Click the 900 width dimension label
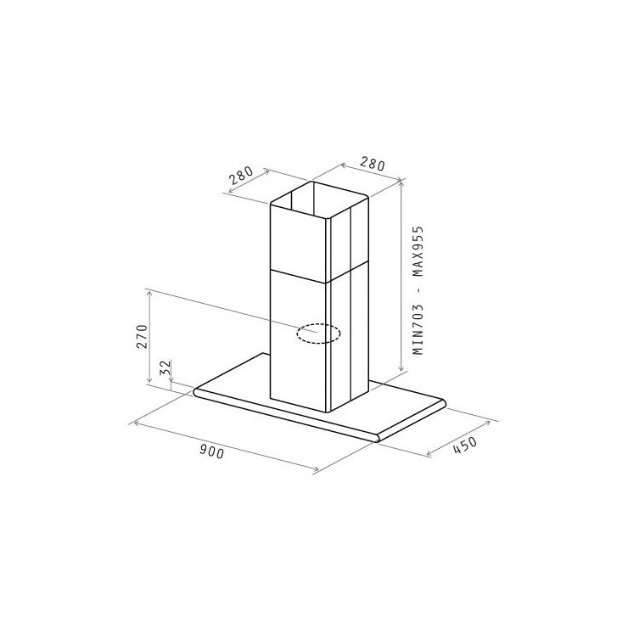click(x=211, y=452)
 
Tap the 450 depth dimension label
click(x=465, y=446)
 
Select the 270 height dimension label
click(x=142, y=336)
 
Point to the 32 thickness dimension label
click(x=165, y=367)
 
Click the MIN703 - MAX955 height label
click(x=418, y=290)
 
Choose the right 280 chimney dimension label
click(x=372, y=164)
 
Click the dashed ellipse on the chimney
click(x=319, y=334)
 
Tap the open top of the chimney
click(x=319, y=200)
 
